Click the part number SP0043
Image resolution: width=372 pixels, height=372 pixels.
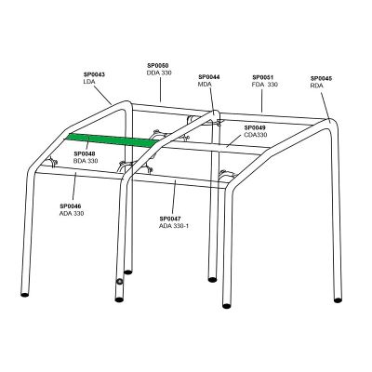click(x=94, y=74)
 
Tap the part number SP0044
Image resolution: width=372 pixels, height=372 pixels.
click(x=210, y=76)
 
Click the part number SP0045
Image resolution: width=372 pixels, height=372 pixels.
click(x=321, y=76)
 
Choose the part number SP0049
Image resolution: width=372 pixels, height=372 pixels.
click(x=255, y=127)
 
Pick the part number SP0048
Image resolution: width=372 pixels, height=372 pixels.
click(x=85, y=154)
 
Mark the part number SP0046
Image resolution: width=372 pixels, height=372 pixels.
click(x=70, y=206)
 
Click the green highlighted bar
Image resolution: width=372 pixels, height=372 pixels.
click(x=112, y=140)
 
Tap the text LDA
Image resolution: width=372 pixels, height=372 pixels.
click(x=89, y=83)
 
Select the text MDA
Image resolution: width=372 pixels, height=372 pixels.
click(x=206, y=85)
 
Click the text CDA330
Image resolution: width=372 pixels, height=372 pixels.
click(x=255, y=135)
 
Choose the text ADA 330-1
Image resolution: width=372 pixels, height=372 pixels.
click(x=176, y=225)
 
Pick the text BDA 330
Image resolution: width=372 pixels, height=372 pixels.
click(x=86, y=162)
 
